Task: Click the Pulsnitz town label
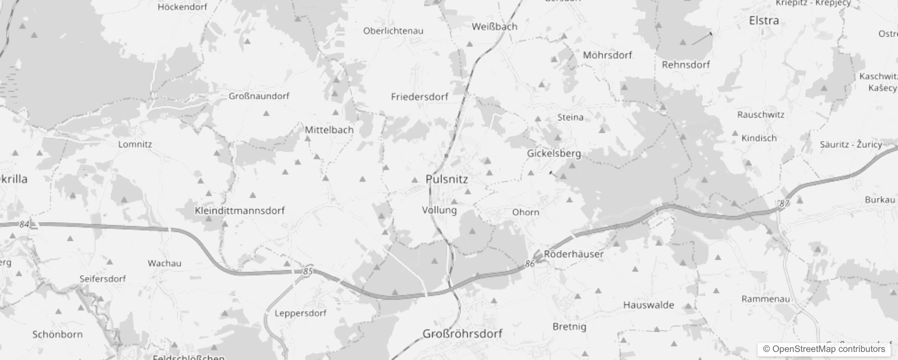(x=447, y=179)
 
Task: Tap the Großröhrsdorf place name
(x=462, y=334)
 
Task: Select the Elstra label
(x=764, y=21)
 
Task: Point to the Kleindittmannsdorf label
(x=240, y=211)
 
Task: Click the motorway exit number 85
(x=308, y=271)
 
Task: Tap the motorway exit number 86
(x=530, y=264)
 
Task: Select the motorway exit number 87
(x=784, y=204)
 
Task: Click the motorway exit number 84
(x=24, y=224)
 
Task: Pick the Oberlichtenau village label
(x=393, y=31)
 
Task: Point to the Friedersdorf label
(x=420, y=97)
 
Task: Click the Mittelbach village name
(x=329, y=130)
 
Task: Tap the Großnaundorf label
(x=259, y=96)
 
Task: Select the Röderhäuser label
(x=574, y=254)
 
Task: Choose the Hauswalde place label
(x=648, y=305)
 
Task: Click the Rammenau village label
(x=765, y=299)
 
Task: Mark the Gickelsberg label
(x=554, y=153)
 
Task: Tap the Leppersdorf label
(x=301, y=313)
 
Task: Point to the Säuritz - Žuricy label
(x=851, y=144)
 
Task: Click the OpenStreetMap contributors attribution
(x=824, y=349)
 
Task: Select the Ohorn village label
(x=525, y=212)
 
